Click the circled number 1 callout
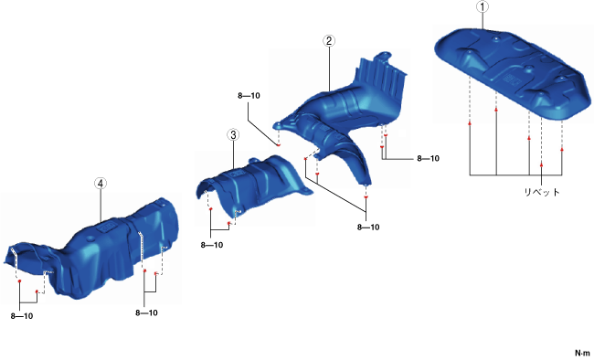[483, 6]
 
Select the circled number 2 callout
[328, 41]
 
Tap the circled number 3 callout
[233, 135]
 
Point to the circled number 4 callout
[101, 184]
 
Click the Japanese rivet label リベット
[542, 192]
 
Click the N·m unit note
[582, 354]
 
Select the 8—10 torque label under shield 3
[212, 245]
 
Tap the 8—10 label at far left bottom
[22, 316]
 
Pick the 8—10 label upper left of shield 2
[249, 96]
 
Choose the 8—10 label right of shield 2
[428, 158]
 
